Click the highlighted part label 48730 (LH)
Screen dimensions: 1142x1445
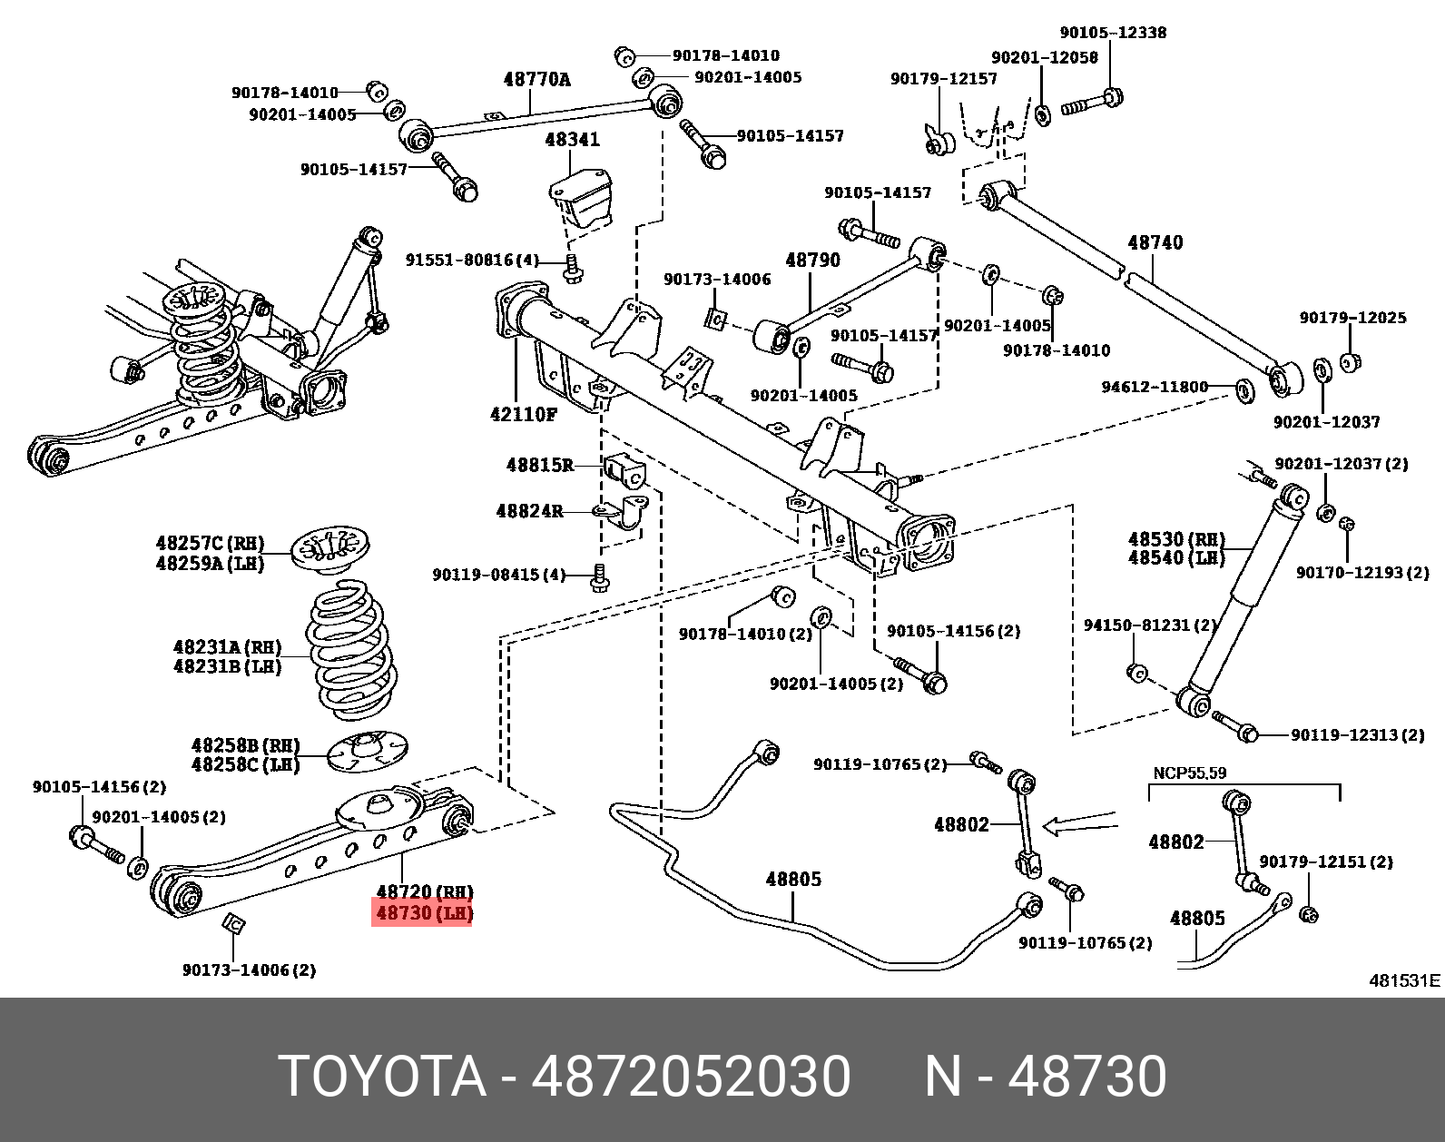[x=423, y=912]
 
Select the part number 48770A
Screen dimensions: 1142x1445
[x=536, y=80]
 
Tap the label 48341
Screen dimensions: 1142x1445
[x=572, y=140]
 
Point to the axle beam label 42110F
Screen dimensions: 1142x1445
[x=524, y=414]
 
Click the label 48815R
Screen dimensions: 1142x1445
[x=540, y=465]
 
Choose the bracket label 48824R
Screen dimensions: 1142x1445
[x=529, y=511]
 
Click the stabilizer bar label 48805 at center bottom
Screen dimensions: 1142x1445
[x=793, y=879]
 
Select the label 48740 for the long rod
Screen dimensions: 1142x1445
[x=1155, y=242]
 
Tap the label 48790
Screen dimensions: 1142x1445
[x=812, y=261]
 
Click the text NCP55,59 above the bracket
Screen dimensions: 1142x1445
[x=1189, y=773]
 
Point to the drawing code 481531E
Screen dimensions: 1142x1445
[x=1403, y=980]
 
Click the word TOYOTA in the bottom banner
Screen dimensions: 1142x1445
[x=382, y=1078]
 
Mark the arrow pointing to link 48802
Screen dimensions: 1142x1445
[x=1079, y=825]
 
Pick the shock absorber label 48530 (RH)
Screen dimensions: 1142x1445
[x=1176, y=539]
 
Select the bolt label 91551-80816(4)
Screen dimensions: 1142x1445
[x=472, y=261]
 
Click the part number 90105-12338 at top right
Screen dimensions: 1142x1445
[x=1113, y=33]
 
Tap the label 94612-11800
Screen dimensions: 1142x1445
[x=1155, y=387]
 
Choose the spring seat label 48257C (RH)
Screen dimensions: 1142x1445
[x=210, y=544]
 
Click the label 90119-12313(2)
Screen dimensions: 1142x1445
[x=1357, y=734]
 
